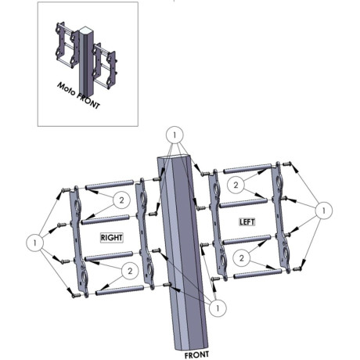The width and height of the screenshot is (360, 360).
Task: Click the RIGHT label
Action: coord(112,238)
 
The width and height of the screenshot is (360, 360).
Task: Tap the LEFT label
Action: coord(247,222)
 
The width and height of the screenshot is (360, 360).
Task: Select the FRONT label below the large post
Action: coord(196,355)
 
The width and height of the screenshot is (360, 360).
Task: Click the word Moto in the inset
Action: coord(67,89)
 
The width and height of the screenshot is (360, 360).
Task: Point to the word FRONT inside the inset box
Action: coord(88,101)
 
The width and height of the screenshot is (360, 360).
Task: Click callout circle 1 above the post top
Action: coord(175,135)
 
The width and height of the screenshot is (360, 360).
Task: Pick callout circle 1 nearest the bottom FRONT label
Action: coord(218,308)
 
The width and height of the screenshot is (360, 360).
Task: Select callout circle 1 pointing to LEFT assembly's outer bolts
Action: coord(324,211)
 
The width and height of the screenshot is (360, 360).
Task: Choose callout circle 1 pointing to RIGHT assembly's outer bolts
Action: coord(34,243)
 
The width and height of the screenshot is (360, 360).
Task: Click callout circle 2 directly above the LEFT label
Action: coord(236,185)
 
